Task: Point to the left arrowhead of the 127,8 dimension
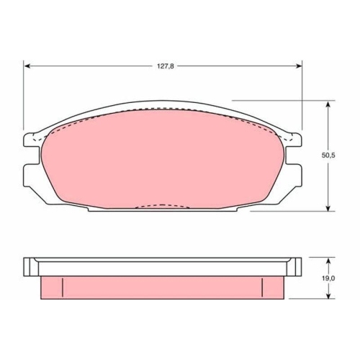click(28, 66)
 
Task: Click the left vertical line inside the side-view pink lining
click(63, 287)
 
